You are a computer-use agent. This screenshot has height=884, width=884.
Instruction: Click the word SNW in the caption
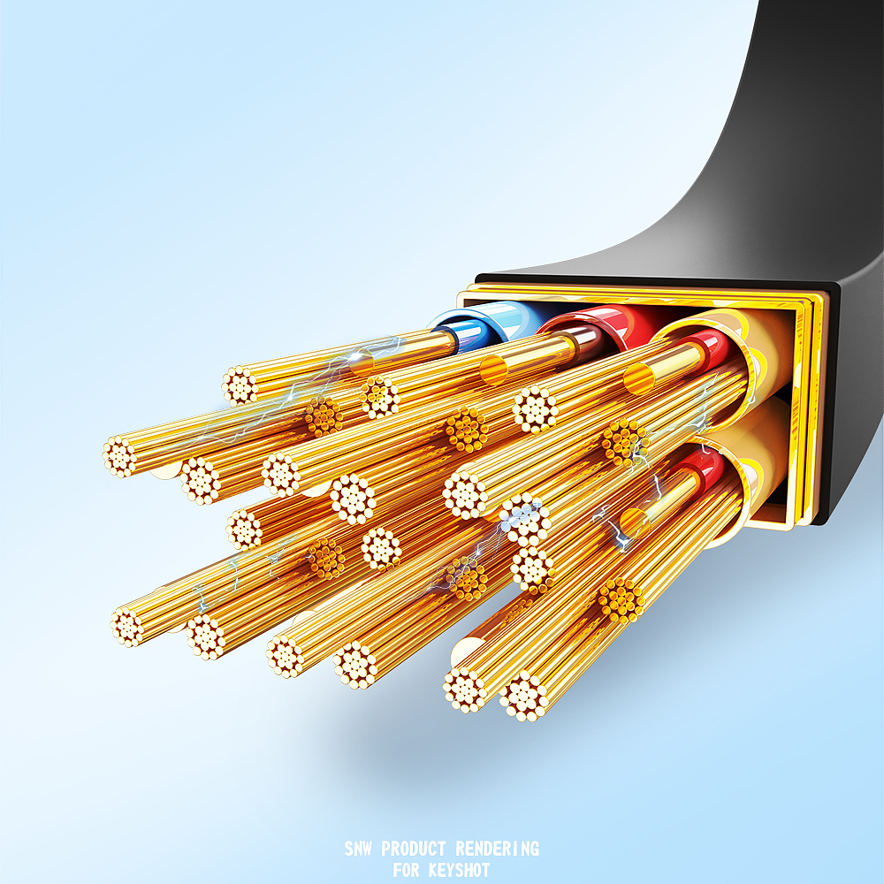[358, 849]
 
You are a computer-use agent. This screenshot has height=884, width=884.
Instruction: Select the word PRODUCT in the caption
[414, 849]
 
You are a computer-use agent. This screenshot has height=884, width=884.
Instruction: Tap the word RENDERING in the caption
[497, 849]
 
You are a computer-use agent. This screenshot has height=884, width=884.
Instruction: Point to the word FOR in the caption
[406, 870]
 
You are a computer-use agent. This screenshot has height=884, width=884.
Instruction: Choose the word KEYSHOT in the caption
[460, 870]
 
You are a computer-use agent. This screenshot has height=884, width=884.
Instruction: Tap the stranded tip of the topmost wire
[240, 385]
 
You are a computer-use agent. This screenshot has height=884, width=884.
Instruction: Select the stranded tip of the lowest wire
[524, 697]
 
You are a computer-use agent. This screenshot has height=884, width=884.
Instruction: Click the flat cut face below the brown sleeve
[493, 370]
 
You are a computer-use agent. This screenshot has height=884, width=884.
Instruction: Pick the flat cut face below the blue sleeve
[361, 362]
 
